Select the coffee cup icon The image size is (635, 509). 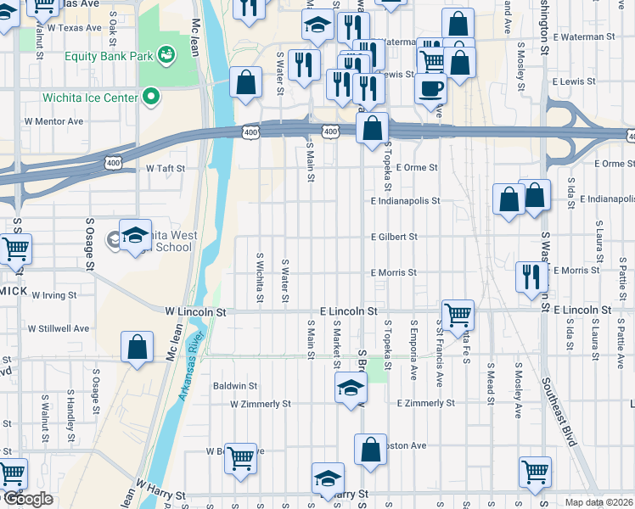430,87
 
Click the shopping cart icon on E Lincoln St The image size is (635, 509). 458,314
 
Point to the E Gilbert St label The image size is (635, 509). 394,238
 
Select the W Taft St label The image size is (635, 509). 165,169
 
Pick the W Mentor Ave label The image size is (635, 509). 53,121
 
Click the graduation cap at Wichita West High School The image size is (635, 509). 134,235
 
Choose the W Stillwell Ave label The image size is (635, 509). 59,328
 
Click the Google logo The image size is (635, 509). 27,499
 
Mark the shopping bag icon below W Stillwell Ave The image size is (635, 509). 137,347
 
